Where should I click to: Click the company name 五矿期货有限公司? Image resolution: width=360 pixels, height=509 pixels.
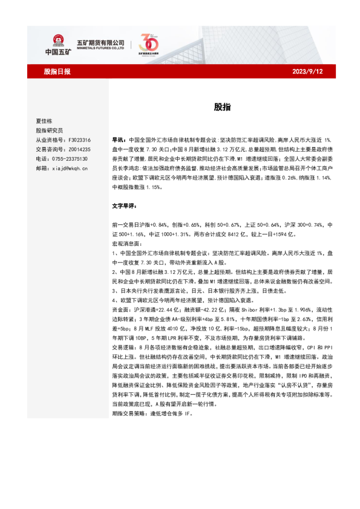100,42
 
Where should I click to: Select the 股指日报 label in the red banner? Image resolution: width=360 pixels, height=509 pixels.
57,71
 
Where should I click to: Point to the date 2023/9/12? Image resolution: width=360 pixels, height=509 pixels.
309,71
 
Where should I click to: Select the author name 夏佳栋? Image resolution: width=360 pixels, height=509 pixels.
45,121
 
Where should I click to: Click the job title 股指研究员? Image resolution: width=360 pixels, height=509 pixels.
50,130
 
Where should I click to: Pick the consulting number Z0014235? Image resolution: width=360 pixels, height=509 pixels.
77,149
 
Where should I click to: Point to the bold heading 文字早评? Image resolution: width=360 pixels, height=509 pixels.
125,206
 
